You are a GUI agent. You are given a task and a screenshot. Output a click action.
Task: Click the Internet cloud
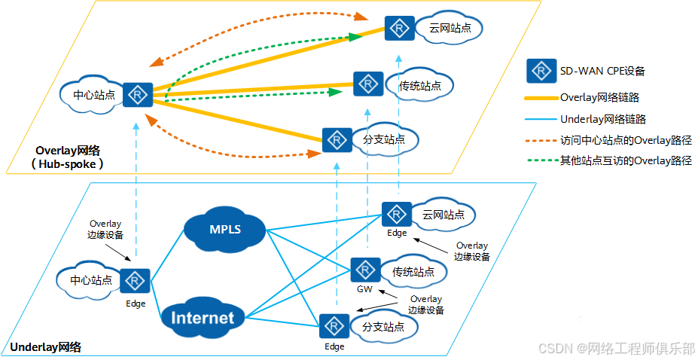[203, 317]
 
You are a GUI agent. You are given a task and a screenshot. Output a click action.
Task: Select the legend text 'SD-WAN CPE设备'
[602, 72]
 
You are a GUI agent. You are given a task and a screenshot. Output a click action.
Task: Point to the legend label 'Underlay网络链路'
[603, 119]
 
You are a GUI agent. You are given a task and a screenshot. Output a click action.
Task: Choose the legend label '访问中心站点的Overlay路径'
[626, 140]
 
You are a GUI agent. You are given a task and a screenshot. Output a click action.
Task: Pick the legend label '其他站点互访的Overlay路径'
[626, 160]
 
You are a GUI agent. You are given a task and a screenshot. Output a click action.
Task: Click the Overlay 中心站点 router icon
[138, 95]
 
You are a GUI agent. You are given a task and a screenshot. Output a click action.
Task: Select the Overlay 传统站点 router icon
[368, 84]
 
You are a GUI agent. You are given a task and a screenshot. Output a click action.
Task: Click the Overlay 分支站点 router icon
[337, 139]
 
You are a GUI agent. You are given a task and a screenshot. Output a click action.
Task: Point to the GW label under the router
[364, 289]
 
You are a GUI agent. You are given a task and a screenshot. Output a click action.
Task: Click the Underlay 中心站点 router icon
[136, 282]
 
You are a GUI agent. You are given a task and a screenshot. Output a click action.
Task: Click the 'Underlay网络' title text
[46, 347]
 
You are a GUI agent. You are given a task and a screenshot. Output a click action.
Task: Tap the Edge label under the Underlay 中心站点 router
[136, 304]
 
